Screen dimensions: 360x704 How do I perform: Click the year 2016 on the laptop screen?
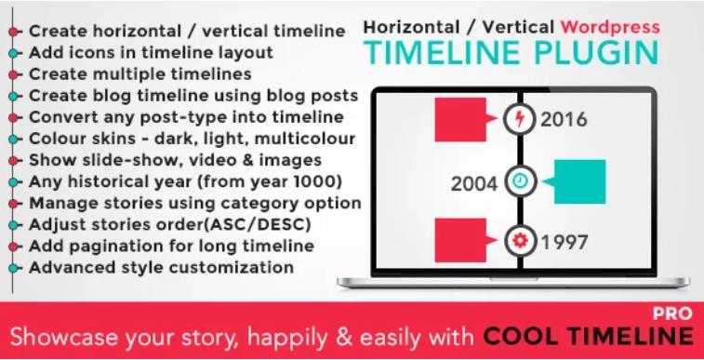(565, 119)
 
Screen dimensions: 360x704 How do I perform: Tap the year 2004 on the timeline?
(475, 181)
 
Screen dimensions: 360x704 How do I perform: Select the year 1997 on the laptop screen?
(565, 243)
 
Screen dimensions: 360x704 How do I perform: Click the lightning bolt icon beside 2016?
(518, 119)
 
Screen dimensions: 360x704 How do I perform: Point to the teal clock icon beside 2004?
(518, 181)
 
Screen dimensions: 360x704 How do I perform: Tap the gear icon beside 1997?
(518, 243)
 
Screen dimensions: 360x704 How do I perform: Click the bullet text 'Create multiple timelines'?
(139, 73)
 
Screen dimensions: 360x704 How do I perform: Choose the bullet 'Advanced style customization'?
(161, 267)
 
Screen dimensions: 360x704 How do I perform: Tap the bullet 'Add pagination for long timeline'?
(171, 246)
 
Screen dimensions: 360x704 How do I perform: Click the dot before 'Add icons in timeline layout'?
(12, 53)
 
